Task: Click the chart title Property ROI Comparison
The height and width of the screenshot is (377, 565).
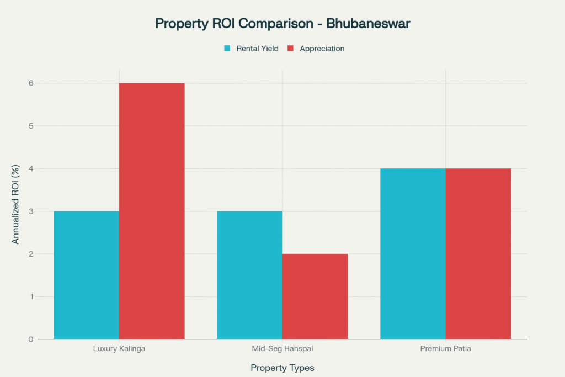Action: pos(282,24)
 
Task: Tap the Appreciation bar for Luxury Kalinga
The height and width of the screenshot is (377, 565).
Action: pos(152,211)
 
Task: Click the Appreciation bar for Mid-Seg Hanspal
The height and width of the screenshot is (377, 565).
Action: pos(315,296)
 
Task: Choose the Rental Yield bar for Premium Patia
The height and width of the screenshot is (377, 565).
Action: pos(413,253)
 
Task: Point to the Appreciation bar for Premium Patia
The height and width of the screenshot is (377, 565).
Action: pos(478,253)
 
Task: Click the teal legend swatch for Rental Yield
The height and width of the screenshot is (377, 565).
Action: pos(227,49)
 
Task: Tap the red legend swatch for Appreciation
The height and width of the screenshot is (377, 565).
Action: pos(290,49)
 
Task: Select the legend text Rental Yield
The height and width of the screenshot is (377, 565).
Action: pos(257,49)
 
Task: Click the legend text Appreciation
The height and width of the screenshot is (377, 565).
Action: pos(322,49)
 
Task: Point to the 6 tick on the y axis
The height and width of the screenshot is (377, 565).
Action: pos(31,83)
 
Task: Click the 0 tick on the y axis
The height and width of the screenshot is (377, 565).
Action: pos(31,339)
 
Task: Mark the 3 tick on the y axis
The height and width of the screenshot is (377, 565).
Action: pos(31,211)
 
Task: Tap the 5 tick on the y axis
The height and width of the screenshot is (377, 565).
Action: pos(31,126)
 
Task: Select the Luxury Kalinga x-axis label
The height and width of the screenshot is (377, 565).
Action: pos(119,349)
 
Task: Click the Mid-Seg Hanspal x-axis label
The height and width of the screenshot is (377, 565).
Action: pos(282,349)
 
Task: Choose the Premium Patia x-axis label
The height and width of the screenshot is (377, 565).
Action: pos(446,349)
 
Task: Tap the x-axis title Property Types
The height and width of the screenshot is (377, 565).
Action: pos(282,368)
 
